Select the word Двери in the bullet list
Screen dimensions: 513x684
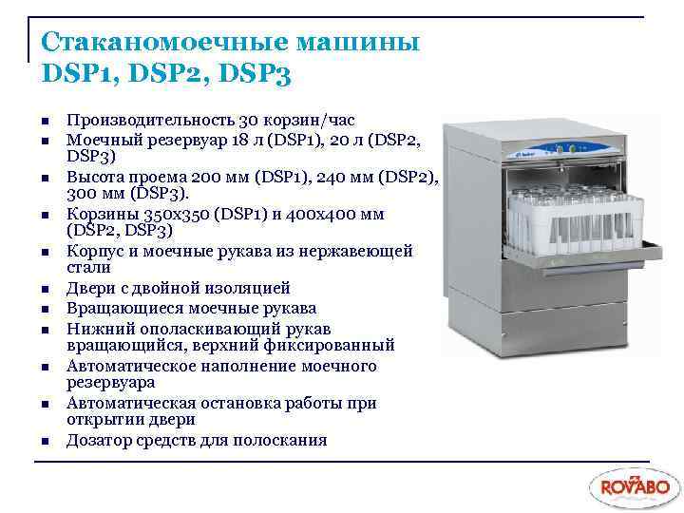89,288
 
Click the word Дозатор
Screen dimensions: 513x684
97,440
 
